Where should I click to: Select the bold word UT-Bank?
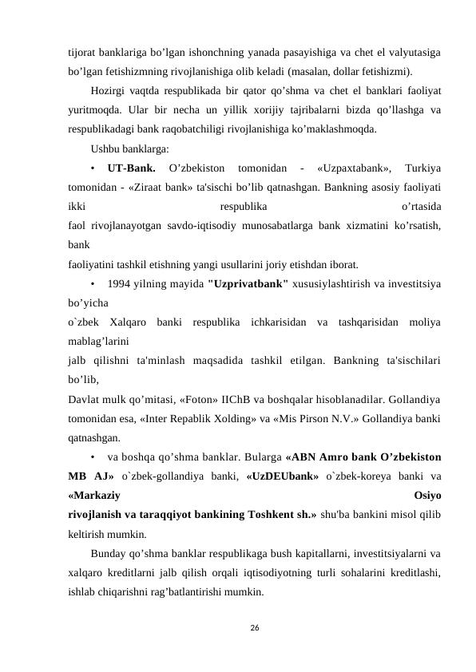(131, 168)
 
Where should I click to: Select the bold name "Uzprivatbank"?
(247, 283)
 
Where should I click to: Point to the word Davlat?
(84, 398)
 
